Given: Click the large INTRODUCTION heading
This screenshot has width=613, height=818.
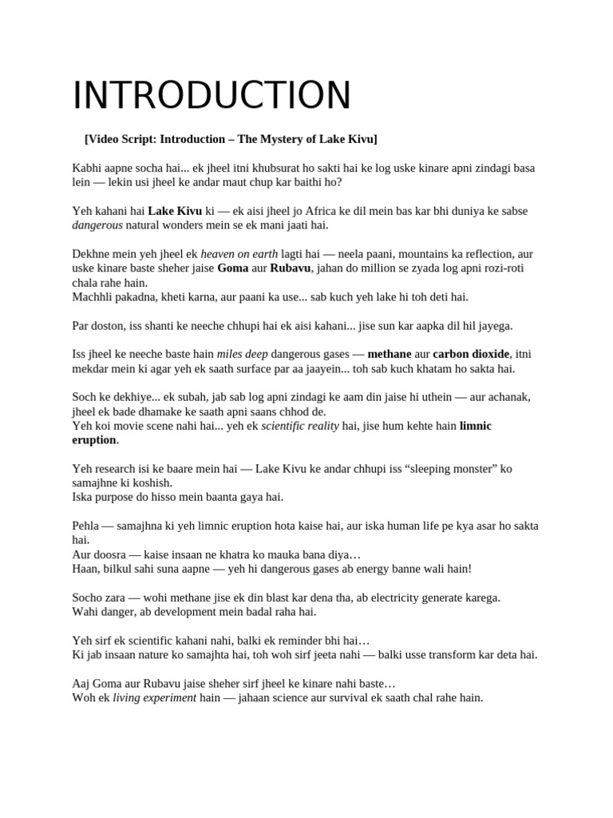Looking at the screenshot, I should (x=212, y=96).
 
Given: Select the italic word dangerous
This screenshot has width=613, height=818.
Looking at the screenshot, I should (x=97, y=225).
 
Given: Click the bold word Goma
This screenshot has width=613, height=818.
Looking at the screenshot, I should (x=232, y=268).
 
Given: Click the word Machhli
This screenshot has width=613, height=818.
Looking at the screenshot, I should (x=94, y=297).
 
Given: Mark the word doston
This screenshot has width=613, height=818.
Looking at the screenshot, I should (x=109, y=326).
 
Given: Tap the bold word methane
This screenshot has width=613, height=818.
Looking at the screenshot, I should (x=390, y=355).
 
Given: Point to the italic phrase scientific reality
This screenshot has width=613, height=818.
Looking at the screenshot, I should (x=300, y=427).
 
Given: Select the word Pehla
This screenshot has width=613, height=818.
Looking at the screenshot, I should (x=87, y=526).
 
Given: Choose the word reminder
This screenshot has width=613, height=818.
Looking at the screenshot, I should (x=302, y=641).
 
